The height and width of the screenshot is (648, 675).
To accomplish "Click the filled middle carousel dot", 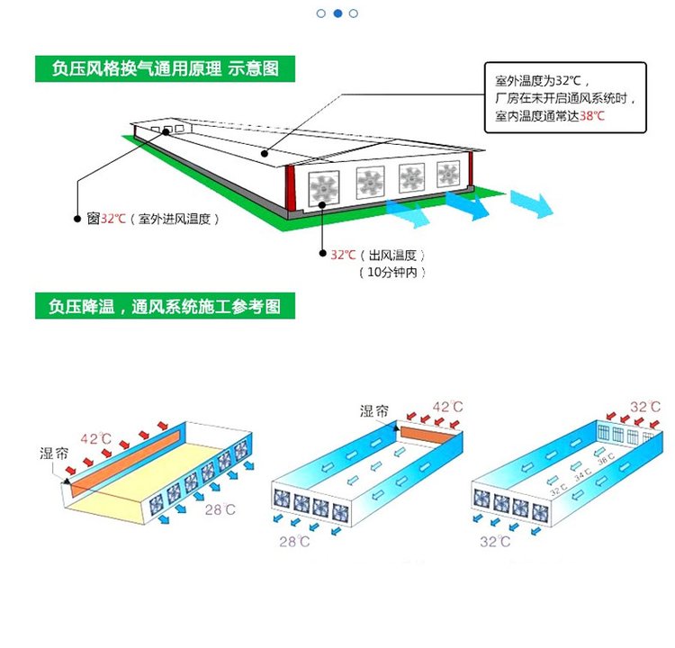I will [337, 13].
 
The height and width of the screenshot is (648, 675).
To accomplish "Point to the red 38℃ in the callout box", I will [591, 117].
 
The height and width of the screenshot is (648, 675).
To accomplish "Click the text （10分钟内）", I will [391, 272].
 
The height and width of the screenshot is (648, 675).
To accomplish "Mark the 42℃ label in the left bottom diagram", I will [95, 439].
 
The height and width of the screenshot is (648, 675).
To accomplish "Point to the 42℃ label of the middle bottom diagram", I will [448, 408].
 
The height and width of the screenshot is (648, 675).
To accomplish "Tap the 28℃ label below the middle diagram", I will [295, 542].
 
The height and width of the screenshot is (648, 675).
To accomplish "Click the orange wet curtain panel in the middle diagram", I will [427, 436].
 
